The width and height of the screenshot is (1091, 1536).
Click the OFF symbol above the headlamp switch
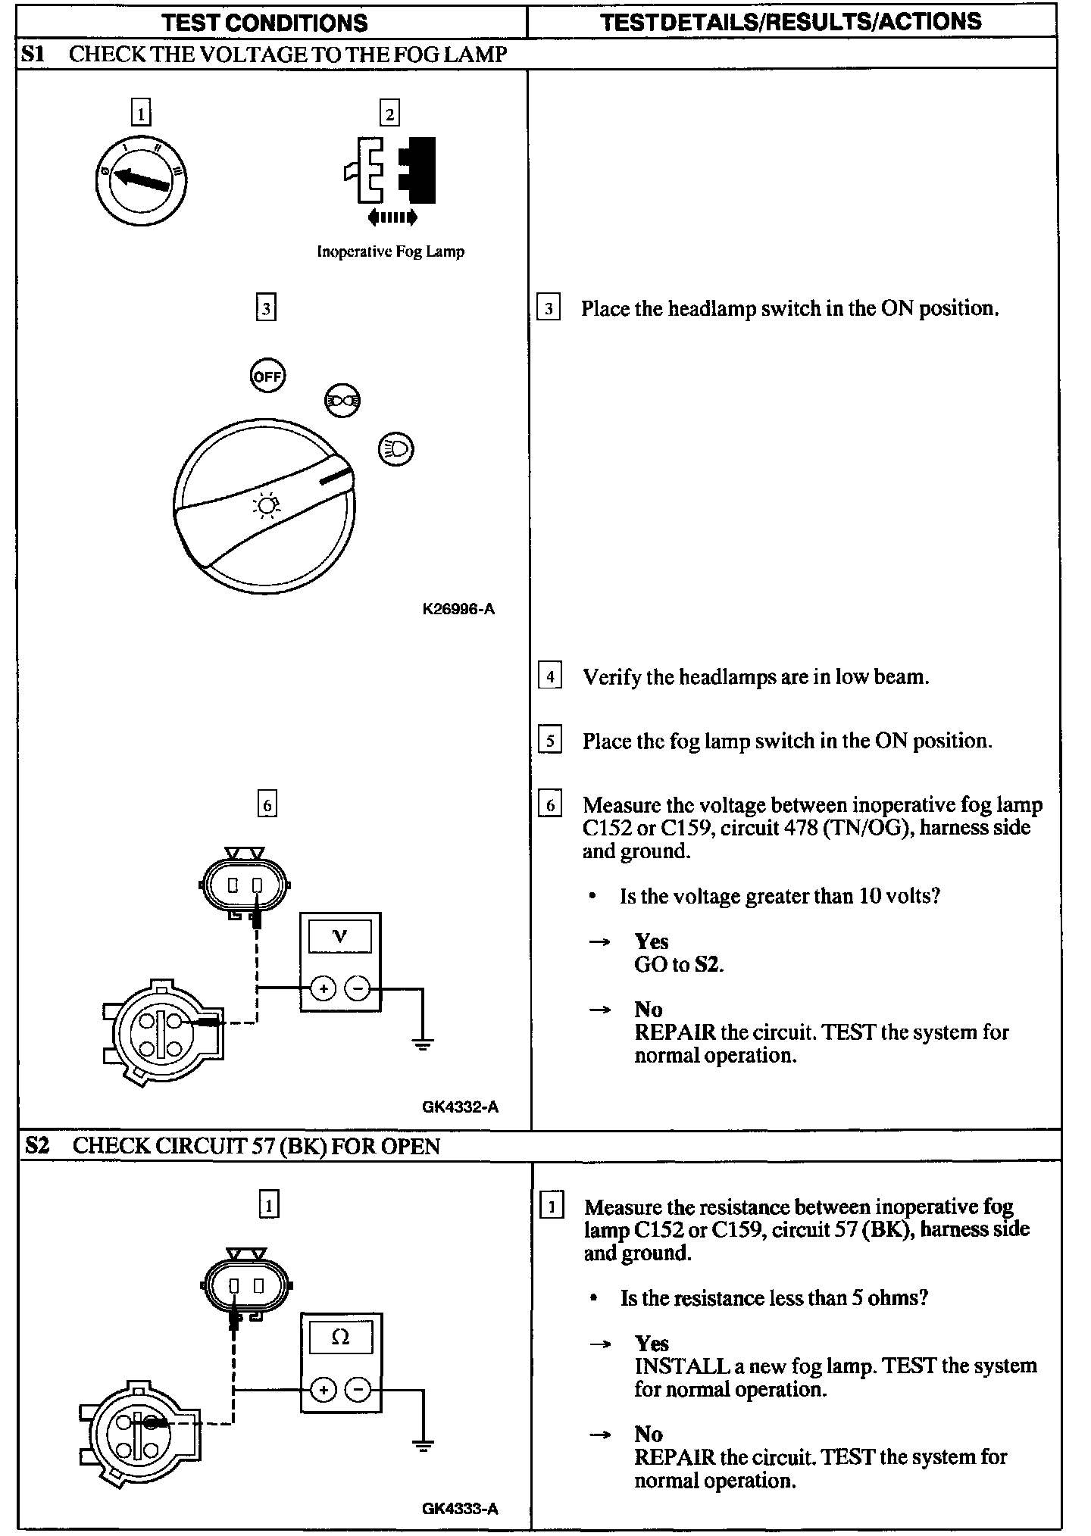tap(267, 376)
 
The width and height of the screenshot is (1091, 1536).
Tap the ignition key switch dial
tap(141, 180)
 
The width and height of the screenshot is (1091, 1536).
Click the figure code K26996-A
tap(458, 609)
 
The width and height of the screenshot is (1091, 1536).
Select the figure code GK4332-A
tap(460, 1107)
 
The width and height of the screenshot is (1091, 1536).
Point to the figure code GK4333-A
tap(460, 1508)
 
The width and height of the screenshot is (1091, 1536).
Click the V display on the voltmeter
tap(340, 936)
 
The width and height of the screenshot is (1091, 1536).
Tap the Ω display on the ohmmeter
tap(340, 1338)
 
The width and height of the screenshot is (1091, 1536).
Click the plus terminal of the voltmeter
tap(324, 988)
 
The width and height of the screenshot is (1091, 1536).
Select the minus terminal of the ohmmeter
tap(358, 1390)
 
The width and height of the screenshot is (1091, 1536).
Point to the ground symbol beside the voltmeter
tap(423, 1044)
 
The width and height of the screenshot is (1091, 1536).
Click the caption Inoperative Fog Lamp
tap(390, 251)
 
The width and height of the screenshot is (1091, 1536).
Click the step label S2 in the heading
tap(36, 1145)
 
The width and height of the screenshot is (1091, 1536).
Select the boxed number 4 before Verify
tap(549, 676)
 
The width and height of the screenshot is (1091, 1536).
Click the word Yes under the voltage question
tap(652, 941)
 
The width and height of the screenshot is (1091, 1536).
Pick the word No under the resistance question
tap(649, 1434)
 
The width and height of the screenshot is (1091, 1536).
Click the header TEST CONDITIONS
tap(264, 22)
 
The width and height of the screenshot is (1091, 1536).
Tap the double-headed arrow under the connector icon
tap(392, 218)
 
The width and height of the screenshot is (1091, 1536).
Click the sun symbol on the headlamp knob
tap(266, 504)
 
